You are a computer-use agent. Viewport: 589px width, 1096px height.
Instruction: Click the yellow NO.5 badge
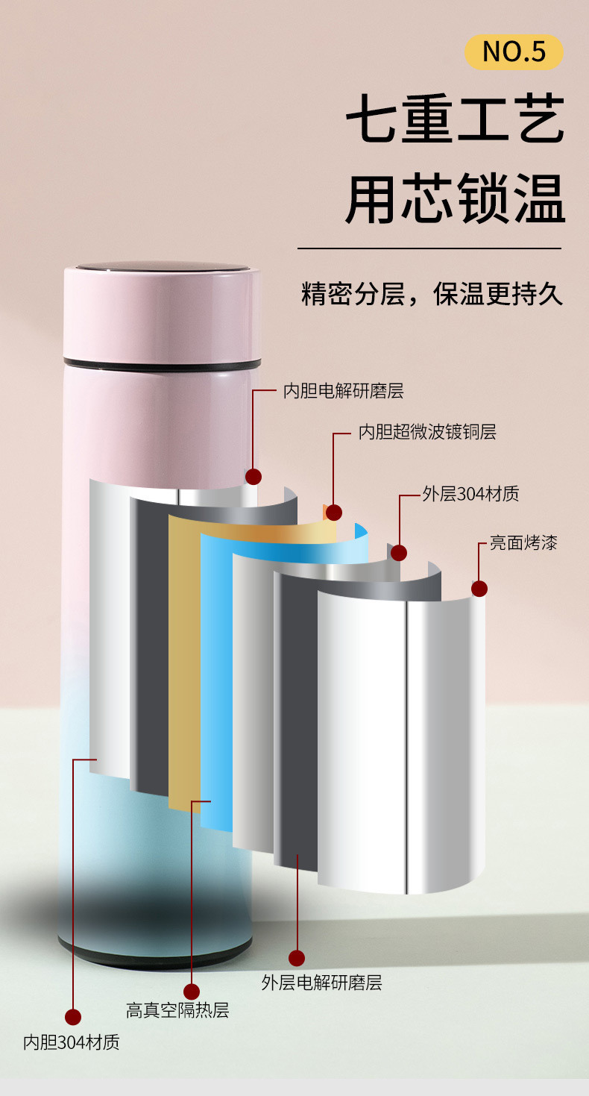coord(514,52)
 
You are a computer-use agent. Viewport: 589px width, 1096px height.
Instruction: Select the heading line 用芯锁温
coord(455,198)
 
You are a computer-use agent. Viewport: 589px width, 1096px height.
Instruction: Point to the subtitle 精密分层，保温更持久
coord(432,293)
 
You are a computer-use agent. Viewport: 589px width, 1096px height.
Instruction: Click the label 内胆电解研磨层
coord(343,390)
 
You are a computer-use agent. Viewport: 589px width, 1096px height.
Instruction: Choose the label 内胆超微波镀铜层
coord(427,431)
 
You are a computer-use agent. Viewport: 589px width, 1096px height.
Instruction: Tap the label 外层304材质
coord(470,494)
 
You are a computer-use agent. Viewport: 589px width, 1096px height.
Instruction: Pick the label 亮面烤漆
coord(523,543)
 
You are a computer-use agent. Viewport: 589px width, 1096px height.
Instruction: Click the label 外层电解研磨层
coord(321,983)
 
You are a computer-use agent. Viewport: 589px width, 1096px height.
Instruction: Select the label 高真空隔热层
coord(177,1010)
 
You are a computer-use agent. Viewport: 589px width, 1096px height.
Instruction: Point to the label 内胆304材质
coord(71,1042)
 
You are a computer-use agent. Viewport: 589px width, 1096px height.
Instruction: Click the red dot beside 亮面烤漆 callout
coord(479,589)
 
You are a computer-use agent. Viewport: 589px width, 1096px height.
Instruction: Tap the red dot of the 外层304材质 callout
coord(399,553)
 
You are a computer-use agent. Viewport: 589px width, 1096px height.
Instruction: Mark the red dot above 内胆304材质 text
coord(73,1016)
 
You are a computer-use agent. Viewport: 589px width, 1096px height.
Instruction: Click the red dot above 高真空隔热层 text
coord(192,992)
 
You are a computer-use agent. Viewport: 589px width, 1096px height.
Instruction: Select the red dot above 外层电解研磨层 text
coord(297,959)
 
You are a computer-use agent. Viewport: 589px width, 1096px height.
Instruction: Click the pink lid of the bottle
coord(163,313)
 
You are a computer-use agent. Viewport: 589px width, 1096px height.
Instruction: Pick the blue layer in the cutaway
coord(216,671)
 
